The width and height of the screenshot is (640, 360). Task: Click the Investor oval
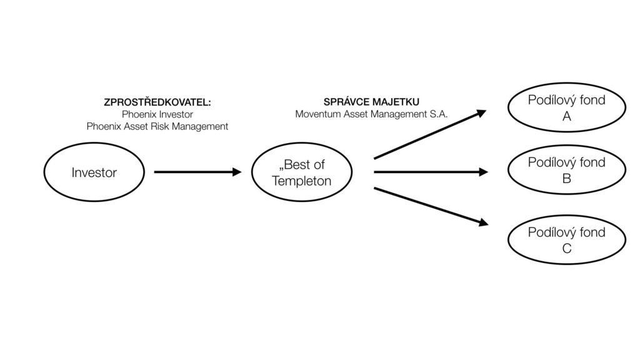click(x=94, y=172)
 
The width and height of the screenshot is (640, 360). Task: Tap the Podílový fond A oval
click(x=566, y=108)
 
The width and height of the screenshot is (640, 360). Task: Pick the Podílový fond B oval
click(x=566, y=171)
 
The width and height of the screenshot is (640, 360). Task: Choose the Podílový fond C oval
click(x=566, y=241)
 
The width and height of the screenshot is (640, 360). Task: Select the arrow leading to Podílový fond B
click(x=431, y=172)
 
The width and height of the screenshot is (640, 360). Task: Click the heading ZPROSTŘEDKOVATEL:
click(x=157, y=102)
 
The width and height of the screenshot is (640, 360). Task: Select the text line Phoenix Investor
click(x=157, y=114)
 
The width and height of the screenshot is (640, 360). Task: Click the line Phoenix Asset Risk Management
click(x=157, y=126)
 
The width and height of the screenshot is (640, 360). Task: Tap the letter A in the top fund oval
click(x=567, y=116)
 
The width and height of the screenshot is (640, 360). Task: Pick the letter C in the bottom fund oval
click(x=567, y=249)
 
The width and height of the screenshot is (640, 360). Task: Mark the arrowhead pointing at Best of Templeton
click(x=236, y=172)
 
